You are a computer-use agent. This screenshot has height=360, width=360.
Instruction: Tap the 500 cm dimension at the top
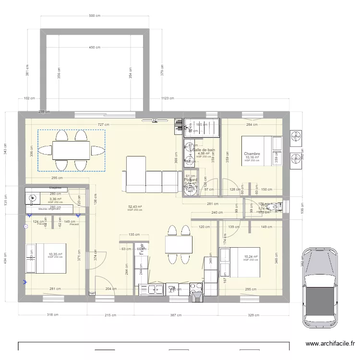click(95, 16)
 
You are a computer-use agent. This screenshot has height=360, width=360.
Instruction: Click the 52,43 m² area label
click(135, 206)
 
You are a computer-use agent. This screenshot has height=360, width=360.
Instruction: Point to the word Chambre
click(252, 154)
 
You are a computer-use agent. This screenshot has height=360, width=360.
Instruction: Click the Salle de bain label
click(204, 150)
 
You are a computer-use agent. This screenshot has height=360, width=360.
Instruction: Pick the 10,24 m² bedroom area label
click(251, 257)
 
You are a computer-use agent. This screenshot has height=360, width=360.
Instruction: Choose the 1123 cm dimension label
click(168, 98)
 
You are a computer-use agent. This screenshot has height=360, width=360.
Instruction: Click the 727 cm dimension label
click(103, 124)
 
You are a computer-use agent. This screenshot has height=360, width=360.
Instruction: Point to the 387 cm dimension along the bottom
click(176, 315)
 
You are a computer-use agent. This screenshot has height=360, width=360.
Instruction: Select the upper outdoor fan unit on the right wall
click(296, 137)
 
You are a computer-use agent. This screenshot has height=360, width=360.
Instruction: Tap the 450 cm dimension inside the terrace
click(95, 48)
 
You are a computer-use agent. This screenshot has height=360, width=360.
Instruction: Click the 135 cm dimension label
click(134, 235)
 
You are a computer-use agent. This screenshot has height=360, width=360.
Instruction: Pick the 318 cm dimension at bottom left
click(52, 315)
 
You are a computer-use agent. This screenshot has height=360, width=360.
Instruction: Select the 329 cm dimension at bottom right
click(254, 315)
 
